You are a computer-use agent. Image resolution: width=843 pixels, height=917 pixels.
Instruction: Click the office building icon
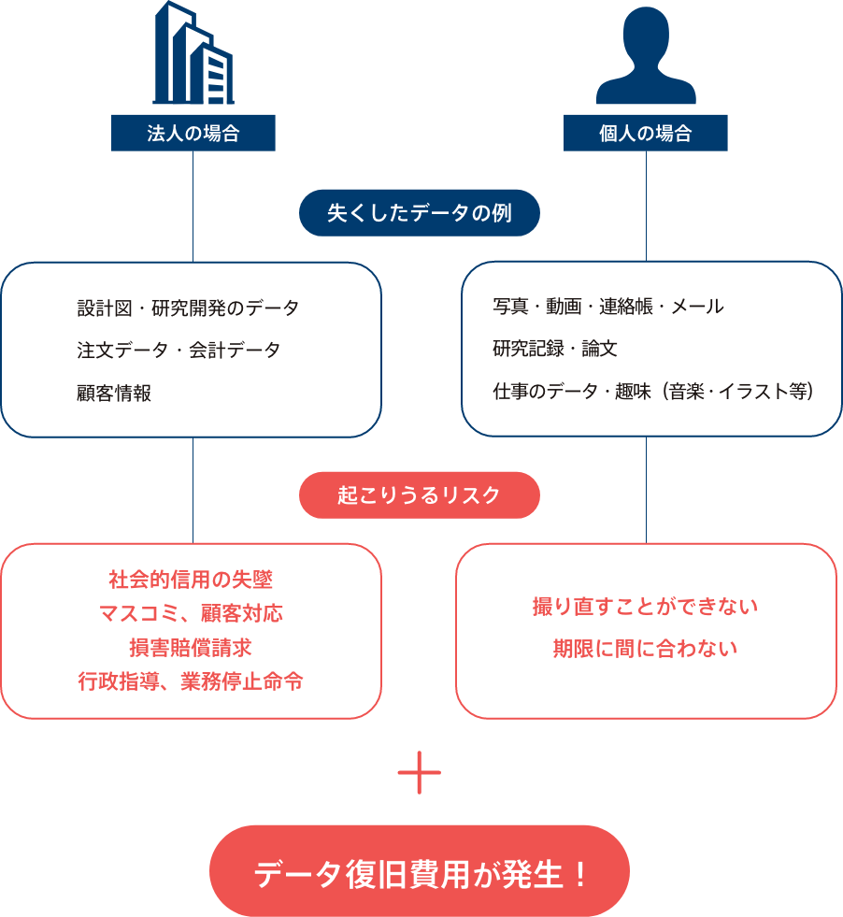coord(193,54)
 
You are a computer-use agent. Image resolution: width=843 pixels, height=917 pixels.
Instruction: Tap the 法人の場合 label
coord(193,133)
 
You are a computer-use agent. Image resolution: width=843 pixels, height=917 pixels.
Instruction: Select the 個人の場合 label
coord(646,133)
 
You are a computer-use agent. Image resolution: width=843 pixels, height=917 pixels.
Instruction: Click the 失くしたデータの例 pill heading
coord(420,213)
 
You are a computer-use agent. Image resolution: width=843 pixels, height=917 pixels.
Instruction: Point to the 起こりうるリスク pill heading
coord(420,494)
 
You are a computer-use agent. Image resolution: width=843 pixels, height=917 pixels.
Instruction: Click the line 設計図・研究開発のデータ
coord(188,308)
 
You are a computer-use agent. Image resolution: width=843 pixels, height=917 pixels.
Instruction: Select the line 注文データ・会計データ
coord(179,351)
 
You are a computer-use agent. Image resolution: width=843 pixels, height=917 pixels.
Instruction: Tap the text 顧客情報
coord(114,394)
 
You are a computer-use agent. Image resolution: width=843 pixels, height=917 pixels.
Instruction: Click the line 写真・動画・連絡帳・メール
coord(608,306)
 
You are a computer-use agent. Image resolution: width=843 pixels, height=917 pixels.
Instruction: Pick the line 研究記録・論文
coord(555,350)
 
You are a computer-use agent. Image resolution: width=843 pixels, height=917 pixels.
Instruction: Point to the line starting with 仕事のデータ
coord(653,393)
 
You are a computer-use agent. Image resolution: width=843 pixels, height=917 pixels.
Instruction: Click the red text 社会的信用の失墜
coord(191,580)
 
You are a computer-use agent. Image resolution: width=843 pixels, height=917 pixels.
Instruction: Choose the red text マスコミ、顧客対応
coord(191,614)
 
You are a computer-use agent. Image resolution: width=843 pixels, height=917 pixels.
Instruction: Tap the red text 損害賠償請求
coord(191,648)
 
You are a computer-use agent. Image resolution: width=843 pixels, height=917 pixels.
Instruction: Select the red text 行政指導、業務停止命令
coord(191,681)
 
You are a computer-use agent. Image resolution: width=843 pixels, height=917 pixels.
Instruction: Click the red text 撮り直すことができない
coord(646,607)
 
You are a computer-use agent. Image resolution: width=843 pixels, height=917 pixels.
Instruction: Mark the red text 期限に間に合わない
coord(646,649)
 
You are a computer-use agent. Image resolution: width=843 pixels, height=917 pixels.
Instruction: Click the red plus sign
coord(420,773)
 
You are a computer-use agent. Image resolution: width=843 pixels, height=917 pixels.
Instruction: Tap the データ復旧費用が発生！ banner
coord(420,874)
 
